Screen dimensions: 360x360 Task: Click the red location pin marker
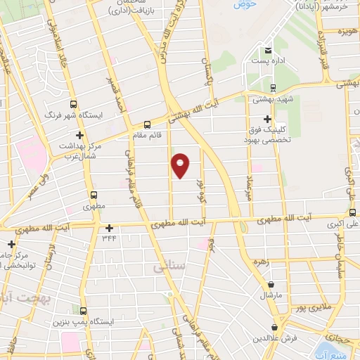pos(181,165)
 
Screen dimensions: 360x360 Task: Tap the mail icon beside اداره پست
pos(268,51)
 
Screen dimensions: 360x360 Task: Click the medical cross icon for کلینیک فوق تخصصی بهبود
pos(266,119)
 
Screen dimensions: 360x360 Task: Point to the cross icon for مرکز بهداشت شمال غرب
pos(81,134)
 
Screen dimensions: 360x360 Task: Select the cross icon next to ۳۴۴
pos(109,228)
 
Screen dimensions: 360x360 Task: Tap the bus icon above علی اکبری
pos(352,213)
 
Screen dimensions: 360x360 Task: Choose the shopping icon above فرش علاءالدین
pos(274,327)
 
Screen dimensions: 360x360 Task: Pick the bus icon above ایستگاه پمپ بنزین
pos(84,311)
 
